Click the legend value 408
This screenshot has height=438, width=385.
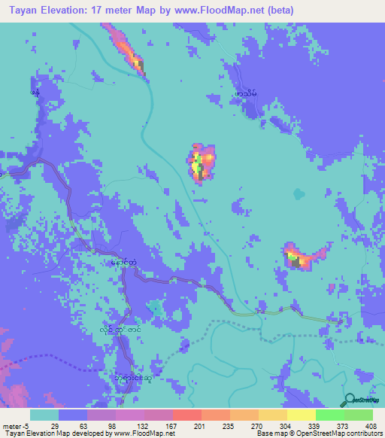[372, 426]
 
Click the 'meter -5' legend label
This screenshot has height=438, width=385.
[16, 426]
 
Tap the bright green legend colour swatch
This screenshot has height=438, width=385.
[329, 415]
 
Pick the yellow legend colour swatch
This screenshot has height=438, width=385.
[301, 415]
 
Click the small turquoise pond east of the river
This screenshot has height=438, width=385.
[299, 193]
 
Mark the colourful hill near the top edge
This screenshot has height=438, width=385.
[129, 51]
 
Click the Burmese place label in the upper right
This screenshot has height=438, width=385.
[246, 93]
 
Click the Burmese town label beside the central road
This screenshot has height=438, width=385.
[123, 263]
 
